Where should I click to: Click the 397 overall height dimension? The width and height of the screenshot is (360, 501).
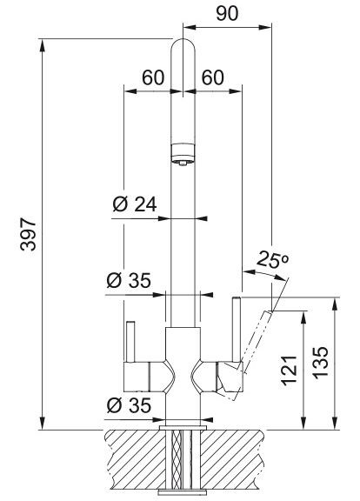pyautogui.click(x=28, y=234)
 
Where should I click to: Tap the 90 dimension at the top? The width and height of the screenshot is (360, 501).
pyautogui.click(x=227, y=13)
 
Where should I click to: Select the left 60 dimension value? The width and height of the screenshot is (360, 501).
pyautogui.click(x=153, y=77)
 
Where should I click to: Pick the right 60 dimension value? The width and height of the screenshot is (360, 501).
pyautogui.click(x=213, y=77)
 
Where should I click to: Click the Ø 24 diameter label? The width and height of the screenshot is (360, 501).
pyautogui.click(x=135, y=204)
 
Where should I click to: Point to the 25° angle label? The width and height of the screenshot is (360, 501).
pyautogui.click(x=272, y=259)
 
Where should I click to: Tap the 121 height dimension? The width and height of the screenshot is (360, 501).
pyautogui.click(x=290, y=371)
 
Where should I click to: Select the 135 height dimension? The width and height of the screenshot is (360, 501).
pyautogui.click(x=320, y=363)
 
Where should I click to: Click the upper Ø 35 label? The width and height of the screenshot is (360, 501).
pyautogui.click(x=129, y=281)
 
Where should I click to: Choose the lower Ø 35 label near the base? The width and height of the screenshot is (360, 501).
pyautogui.click(x=129, y=405)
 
